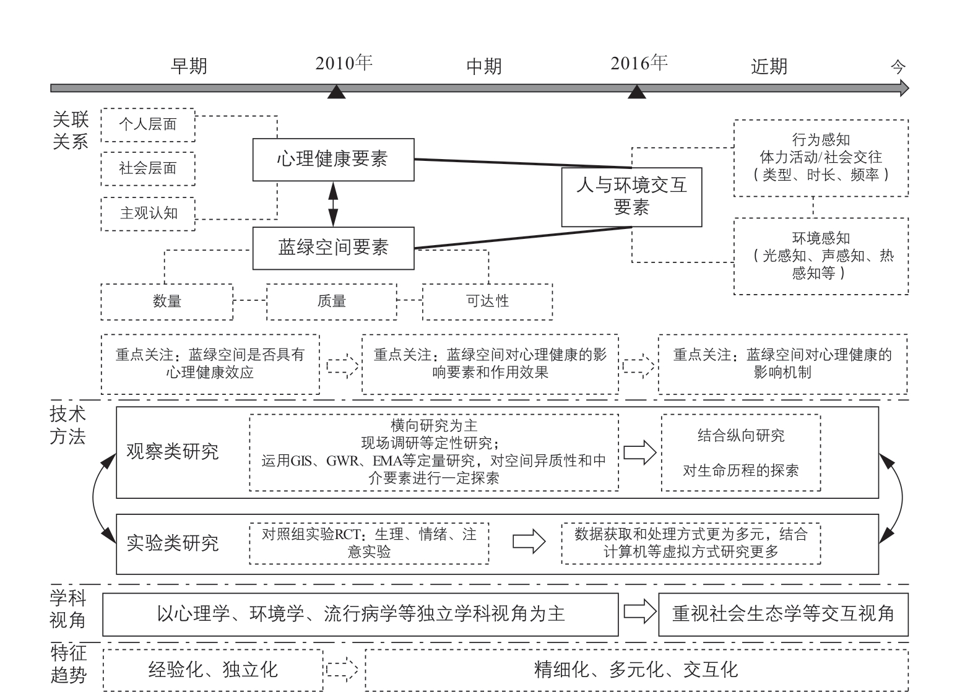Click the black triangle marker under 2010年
(337, 92)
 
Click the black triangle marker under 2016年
(636, 92)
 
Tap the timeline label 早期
(189, 66)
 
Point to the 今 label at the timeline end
(898, 67)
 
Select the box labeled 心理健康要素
(334, 160)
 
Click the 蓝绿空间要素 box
(334, 248)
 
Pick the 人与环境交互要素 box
(632, 197)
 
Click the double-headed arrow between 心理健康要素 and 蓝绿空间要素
(333, 204)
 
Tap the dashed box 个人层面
(148, 125)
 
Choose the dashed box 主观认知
(148, 214)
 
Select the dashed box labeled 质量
(332, 302)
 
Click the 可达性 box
(488, 302)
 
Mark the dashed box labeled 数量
(167, 302)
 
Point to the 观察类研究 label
(173, 452)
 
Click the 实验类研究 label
(173, 543)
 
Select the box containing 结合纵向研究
(741, 453)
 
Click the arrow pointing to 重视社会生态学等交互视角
(640, 611)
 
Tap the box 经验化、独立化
(213, 670)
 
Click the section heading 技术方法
(67, 426)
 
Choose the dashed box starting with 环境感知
(821, 256)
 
